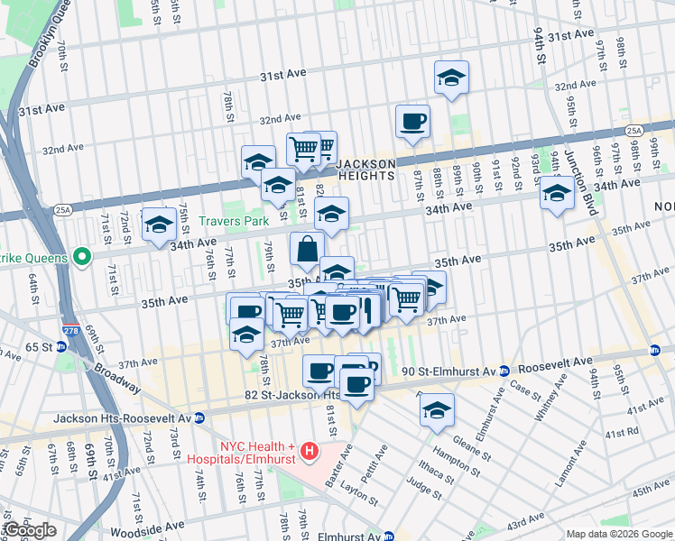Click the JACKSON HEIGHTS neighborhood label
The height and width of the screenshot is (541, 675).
pyautogui.click(x=365, y=170)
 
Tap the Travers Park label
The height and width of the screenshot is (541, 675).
pyautogui.click(x=234, y=220)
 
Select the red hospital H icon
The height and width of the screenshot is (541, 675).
pyautogui.click(x=310, y=450)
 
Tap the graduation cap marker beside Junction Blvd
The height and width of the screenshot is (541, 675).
pyautogui.click(x=557, y=194)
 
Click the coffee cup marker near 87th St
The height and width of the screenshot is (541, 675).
pyautogui.click(x=412, y=121)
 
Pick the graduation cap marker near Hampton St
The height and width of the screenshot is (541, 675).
pyautogui.click(x=437, y=409)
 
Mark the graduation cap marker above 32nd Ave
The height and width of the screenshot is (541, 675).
pyautogui.click(x=451, y=78)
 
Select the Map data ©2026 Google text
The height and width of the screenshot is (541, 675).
pyautogui.click(x=618, y=534)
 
